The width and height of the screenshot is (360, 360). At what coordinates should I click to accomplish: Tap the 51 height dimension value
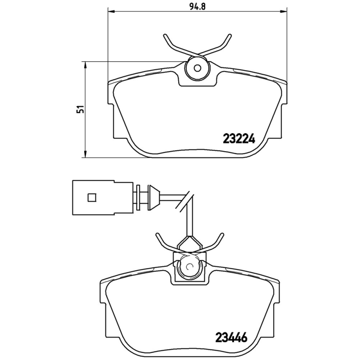81,109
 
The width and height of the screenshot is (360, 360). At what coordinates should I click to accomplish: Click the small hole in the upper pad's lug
197,68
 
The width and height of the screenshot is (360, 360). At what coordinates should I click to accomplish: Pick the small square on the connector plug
92,197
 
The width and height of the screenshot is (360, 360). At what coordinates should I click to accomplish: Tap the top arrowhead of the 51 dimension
85,64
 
